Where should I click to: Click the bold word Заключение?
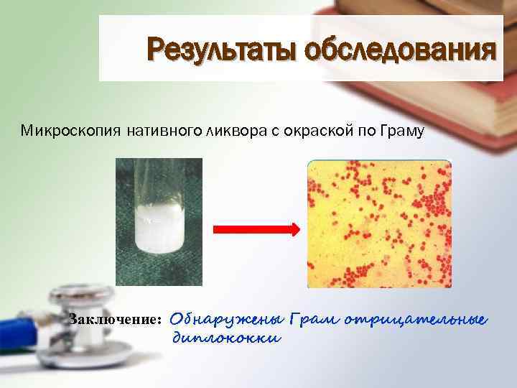115,320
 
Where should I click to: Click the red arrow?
256,228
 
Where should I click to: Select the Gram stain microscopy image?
379,223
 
